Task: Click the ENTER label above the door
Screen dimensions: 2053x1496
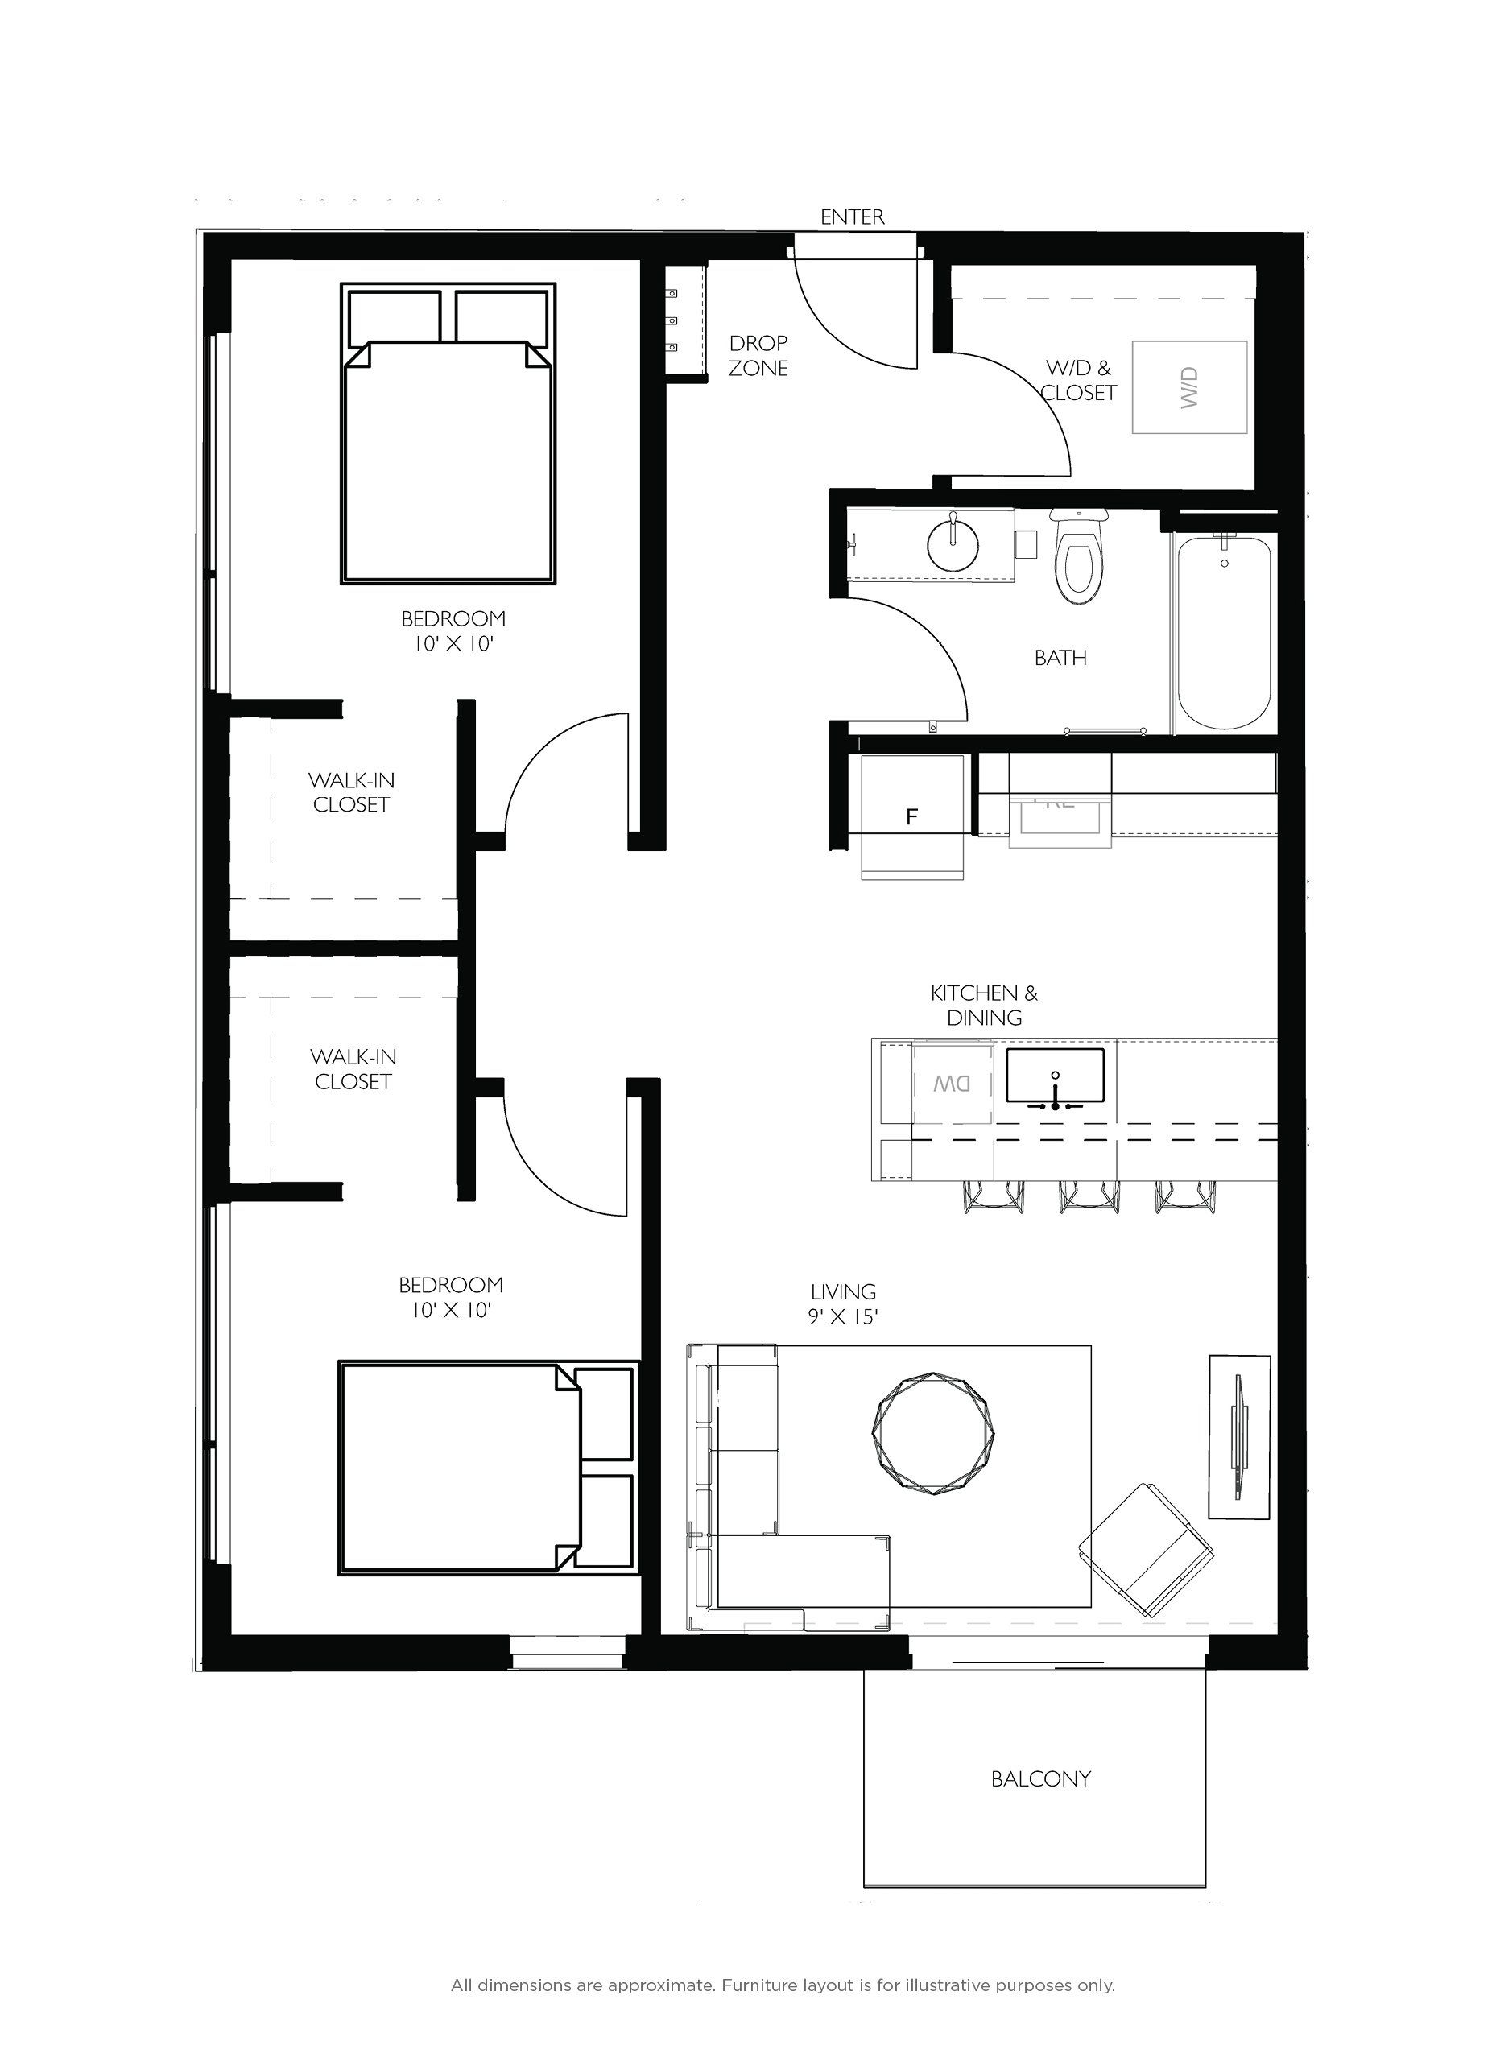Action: click(x=851, y=217)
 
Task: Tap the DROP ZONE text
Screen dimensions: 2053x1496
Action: click(x=758, y=356)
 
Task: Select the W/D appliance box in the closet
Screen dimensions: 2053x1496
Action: click(x=1189, y=387)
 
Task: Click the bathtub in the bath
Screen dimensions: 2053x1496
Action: click(x=1225, y=632)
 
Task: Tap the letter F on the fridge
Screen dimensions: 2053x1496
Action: click(x=912, y=817)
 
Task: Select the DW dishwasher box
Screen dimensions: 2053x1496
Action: click(x=953, y=1084)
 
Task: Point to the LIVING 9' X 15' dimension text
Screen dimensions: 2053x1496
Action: click(x=843, y=1304)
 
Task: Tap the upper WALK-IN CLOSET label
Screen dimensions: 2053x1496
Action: click(x=350, y=792)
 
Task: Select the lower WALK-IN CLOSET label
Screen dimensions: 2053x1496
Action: click(x=353, y=1069)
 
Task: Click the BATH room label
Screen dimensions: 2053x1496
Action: click(x=1060, y=659)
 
